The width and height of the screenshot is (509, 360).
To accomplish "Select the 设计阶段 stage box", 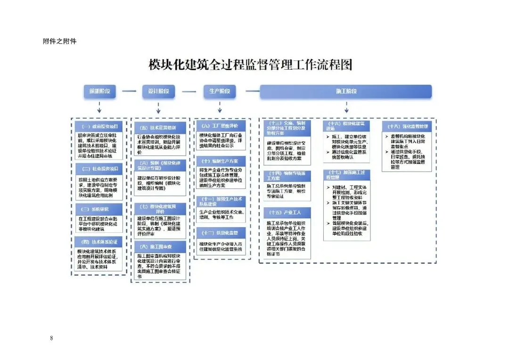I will tap(158, 91).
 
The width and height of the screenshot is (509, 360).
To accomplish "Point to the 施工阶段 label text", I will tap(345, 91).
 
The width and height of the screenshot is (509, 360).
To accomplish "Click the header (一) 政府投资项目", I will tap(99, 126).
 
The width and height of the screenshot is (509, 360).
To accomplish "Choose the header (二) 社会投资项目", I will tap(99, 169).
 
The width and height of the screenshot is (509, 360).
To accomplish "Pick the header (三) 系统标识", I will tap(99, 209).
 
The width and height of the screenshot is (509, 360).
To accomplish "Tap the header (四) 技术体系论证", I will tap(99, 242).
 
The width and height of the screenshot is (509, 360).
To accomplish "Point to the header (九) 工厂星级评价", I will tap(219, 126).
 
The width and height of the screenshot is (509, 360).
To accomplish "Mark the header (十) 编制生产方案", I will tap(219, 161).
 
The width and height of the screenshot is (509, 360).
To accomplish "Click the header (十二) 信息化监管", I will tap(219, 233).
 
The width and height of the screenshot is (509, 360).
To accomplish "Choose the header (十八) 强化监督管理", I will tap(408, 126).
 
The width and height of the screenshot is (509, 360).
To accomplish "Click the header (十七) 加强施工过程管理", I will tap(347, 175).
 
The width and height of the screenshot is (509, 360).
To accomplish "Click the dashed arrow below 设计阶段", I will tap(158, 107).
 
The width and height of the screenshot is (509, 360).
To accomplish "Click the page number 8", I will tap(51, 338).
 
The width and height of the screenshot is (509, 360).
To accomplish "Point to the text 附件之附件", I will tap(59, 41).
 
